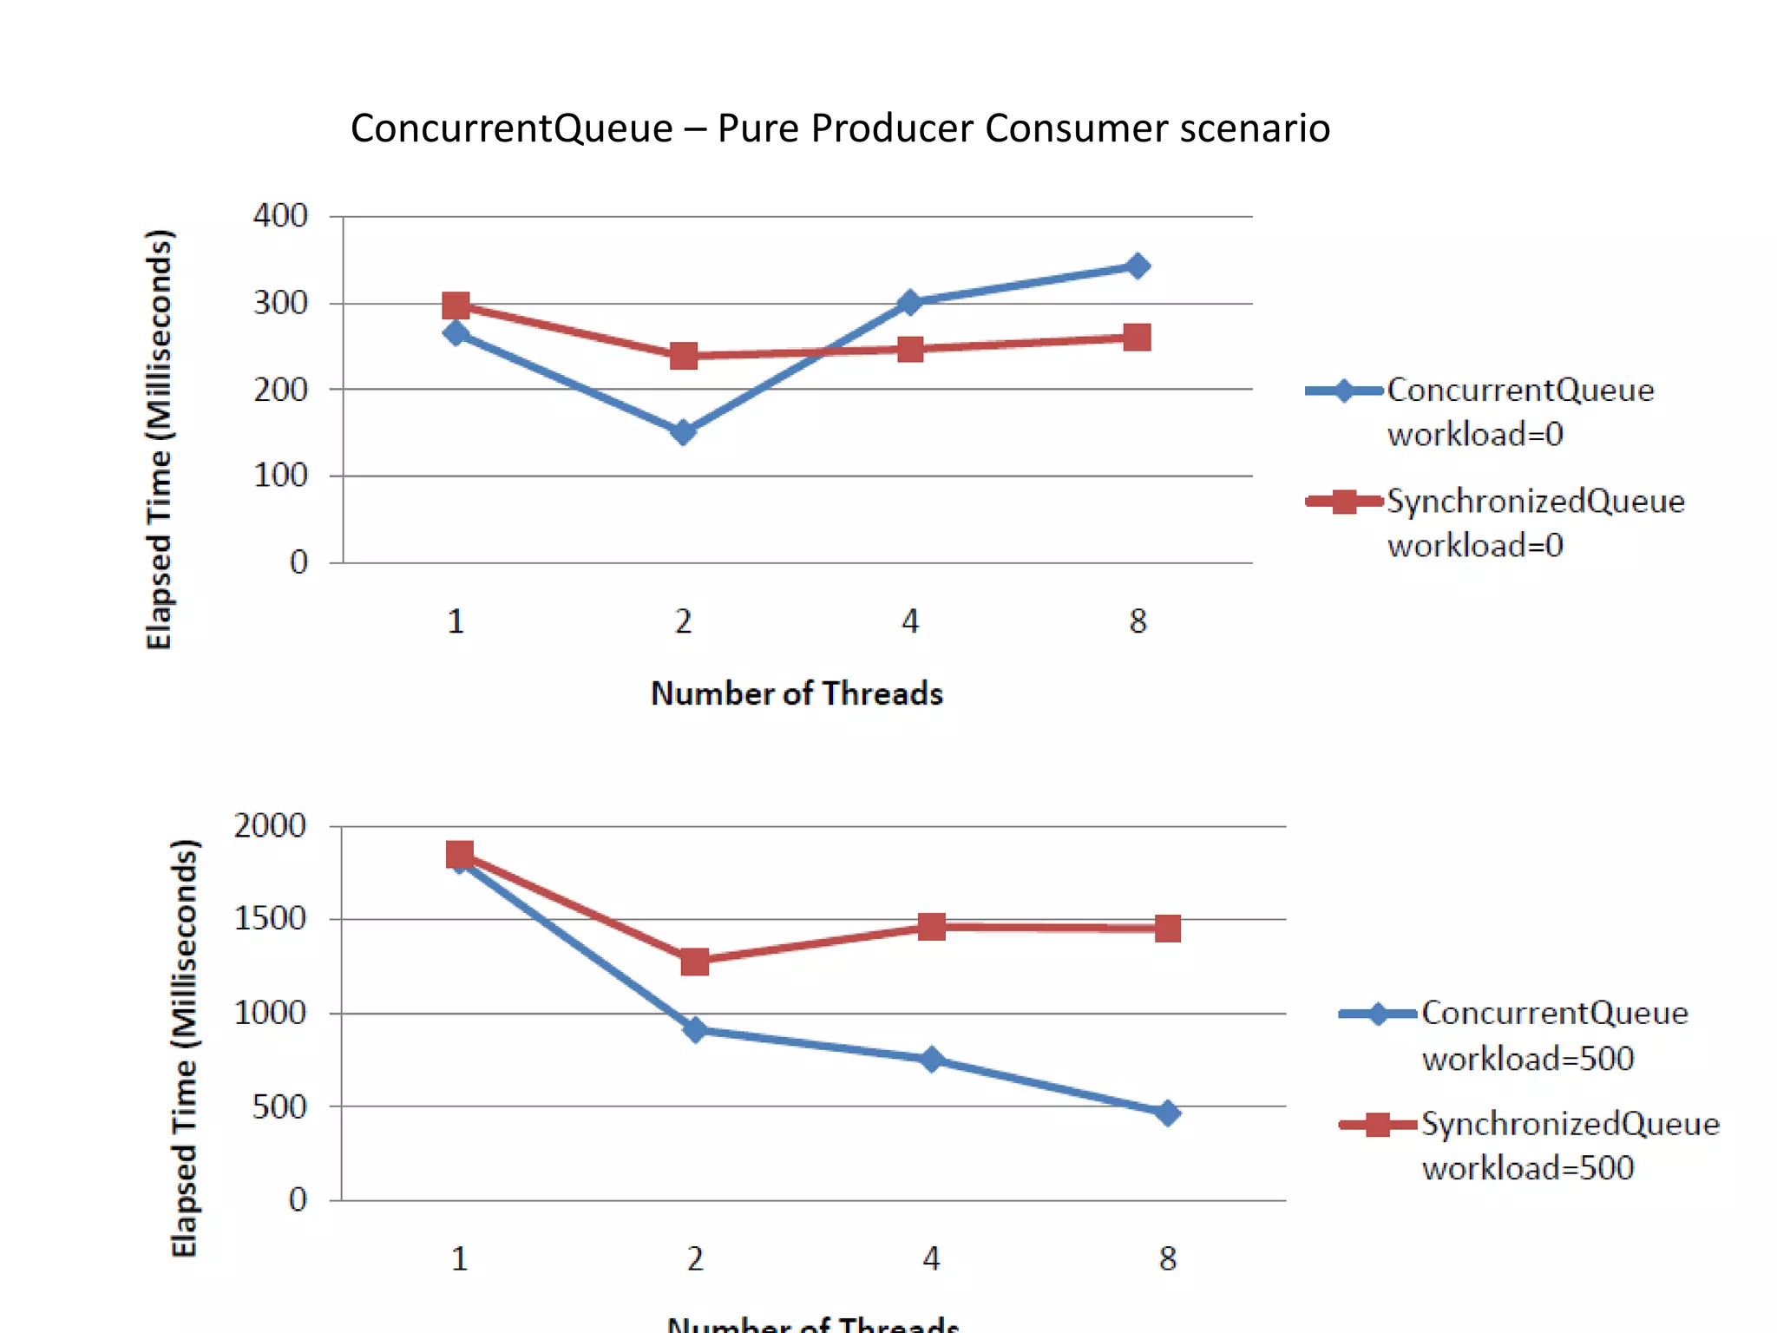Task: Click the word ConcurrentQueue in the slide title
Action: (x=512, y=129)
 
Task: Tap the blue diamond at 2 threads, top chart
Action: (x=683, y=431)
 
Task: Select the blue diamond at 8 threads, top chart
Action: (x=1138, y=266)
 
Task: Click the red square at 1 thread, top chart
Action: (x=456, y=305)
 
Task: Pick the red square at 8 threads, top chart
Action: (x=1137, y=338)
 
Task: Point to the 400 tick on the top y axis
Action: (x=280, y=215)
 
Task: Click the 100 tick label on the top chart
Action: (x=280, y=476)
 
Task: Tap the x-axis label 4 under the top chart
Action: (x=910, y=621)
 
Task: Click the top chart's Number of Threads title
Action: (x=797, y=693)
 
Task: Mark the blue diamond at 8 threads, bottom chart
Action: (x=1168, y=1113)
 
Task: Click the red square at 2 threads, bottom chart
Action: (x=694, y=962)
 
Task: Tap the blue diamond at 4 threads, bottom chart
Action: (x=931, y=1060)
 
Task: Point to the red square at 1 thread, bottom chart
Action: (x=460, y=855)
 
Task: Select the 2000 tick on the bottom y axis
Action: (x=270, y=825)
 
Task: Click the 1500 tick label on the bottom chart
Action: (x=270, y=918)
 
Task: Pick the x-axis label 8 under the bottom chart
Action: (x=1168, y=1258)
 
